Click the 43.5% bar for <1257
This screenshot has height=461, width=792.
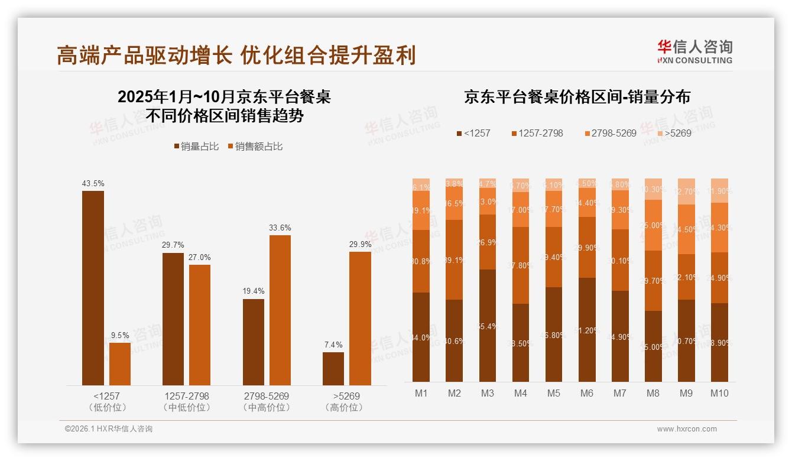[x=93, y=288]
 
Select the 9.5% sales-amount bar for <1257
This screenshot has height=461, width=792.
[x=120, y=364]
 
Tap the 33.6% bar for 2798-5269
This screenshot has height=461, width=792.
[x=280, y=310]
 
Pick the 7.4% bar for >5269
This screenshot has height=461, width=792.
[x=333, y=369]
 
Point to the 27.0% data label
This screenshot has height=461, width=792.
[x=200, y=257]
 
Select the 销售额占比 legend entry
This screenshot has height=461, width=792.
[x=255, y=147]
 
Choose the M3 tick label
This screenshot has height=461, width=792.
[x=487, y=393]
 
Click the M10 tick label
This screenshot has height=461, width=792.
[x=719, y=393]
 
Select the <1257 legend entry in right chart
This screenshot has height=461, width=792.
[x=473, y=133]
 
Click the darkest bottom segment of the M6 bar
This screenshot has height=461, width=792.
[x=587, y=329]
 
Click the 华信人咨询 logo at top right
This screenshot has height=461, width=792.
[x=694, y=51]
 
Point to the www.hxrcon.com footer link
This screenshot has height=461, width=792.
[x=687, y=429]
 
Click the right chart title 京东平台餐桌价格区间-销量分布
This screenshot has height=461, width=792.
[x=577, y=97]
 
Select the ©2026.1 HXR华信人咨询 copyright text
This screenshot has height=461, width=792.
[x=109, y=429]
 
